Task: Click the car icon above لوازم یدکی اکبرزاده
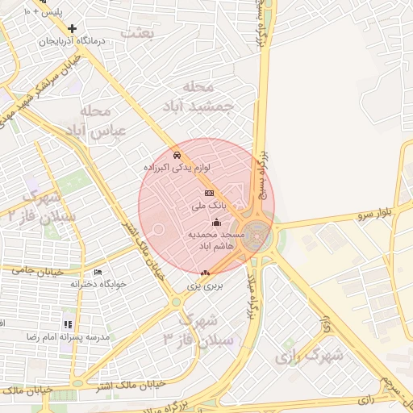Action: coord(177,154)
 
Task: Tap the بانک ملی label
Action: coord(205,206)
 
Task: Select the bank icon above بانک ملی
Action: coord(209,194)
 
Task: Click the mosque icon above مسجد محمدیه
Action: coord(215,223)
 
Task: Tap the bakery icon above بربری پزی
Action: coord(205,273)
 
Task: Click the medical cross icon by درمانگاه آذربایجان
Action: coord(73,28)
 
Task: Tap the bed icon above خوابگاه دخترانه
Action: coord(98,272)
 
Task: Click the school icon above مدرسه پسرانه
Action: coord(68,323)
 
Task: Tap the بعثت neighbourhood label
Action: coord(137,32)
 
